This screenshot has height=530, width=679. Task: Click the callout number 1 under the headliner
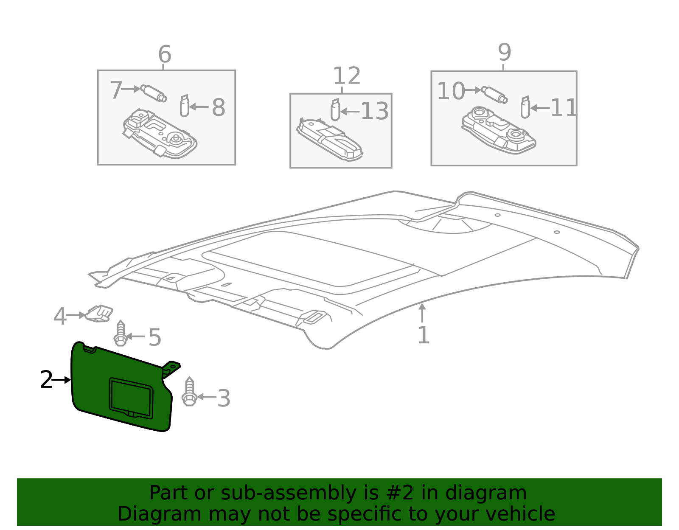[x=423, y=335]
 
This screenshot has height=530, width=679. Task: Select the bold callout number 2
[x=46, y=380]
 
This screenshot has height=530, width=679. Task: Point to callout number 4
[x=60, y=316]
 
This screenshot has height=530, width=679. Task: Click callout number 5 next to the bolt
[x=154, y=337]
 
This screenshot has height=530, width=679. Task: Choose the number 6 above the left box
[x=164, y=55]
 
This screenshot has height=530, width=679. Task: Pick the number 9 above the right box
[x=504, y=53]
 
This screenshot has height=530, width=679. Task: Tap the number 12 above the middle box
[x=346, y=76]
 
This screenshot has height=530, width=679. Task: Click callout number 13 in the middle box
[x=374, y=112]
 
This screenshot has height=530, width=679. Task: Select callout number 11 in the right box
[x=563, y=108]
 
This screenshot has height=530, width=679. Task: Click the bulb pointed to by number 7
[x=154, y=93]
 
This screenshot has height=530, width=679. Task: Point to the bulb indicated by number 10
[x=494, y=94]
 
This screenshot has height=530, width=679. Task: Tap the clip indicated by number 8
[x=184, y=106]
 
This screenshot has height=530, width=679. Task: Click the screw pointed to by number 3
[x=189, y=392]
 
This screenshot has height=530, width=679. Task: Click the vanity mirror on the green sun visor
[x=131, y=397]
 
